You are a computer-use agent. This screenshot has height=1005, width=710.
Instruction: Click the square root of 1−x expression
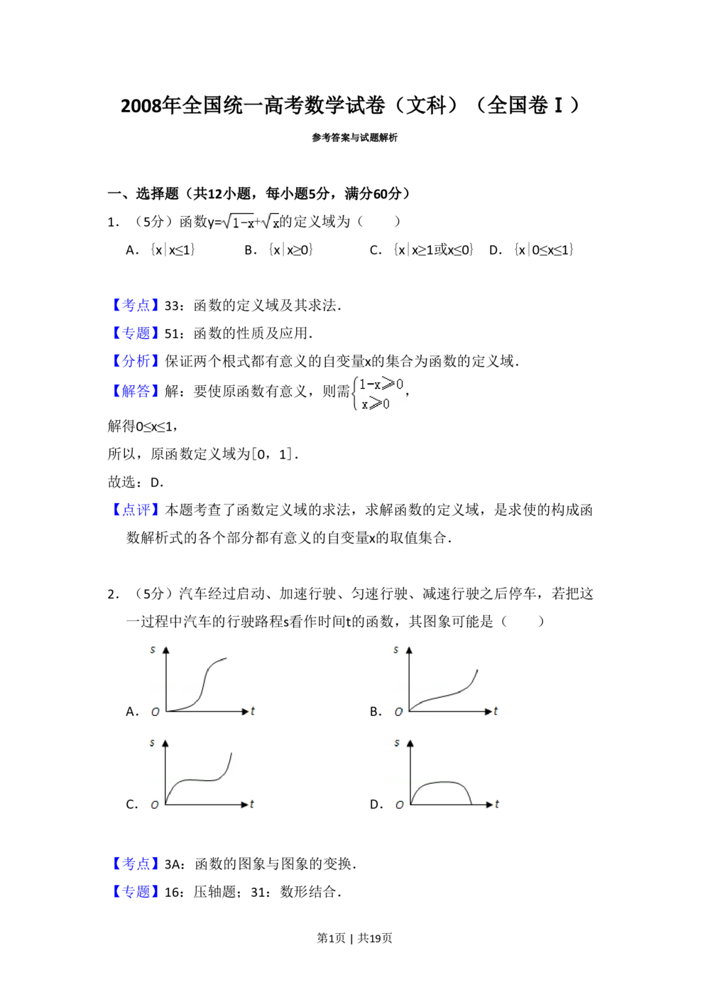[237, 222]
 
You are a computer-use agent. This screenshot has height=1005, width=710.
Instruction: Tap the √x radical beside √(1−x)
[272, 222]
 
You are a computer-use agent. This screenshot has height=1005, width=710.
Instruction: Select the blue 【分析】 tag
[136, 361]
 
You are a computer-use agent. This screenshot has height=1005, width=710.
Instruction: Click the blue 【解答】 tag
[136, 390]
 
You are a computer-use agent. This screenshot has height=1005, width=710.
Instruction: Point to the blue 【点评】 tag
[136, 509]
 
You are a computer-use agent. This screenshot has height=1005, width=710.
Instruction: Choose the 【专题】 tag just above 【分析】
[136, 333]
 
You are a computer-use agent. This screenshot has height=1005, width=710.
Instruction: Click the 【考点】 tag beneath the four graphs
[136, 863]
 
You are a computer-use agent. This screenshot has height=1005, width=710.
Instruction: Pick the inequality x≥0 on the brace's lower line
[376, 404]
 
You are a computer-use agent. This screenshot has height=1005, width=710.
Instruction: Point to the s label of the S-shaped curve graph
[152, 649]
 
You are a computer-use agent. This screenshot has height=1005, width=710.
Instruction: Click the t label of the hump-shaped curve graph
[497, 804]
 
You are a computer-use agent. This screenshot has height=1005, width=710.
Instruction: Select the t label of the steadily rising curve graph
[496, 711]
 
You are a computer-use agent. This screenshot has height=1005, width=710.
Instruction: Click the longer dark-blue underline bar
[210, 901]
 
